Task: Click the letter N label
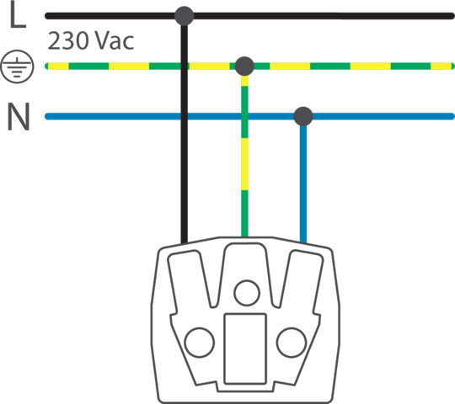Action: click(19, 117)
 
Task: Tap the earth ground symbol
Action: click(17, 66)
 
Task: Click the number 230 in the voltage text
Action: click(68, 41)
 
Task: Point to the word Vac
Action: click(115, 41)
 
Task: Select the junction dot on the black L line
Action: click(184, 16)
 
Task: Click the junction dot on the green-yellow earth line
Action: click(244, 66)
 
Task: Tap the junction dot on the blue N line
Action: click(303, 116)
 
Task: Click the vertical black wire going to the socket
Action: click(184, 134)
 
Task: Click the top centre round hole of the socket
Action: click(247, 293)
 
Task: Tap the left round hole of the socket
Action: click(200, 343)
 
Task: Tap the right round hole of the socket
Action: click(292, 343)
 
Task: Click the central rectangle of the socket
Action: click(245, 348)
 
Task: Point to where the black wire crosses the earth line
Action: click(184, 66)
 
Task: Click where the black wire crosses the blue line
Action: click(184, 116)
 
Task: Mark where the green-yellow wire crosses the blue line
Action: click(244, 116)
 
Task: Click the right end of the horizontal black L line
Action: click(452, 16)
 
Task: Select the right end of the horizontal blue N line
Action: click(452, 116)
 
